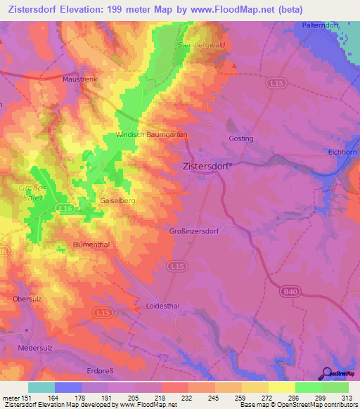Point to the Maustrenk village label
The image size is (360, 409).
tap(80, 79)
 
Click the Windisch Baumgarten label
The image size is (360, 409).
tap(150, 134)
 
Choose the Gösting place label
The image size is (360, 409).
tap(241, 139)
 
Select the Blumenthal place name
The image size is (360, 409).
tap(91, 245)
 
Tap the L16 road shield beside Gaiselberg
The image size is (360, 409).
tap(65, 209)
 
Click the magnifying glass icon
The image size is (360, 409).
tap(326, 372)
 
